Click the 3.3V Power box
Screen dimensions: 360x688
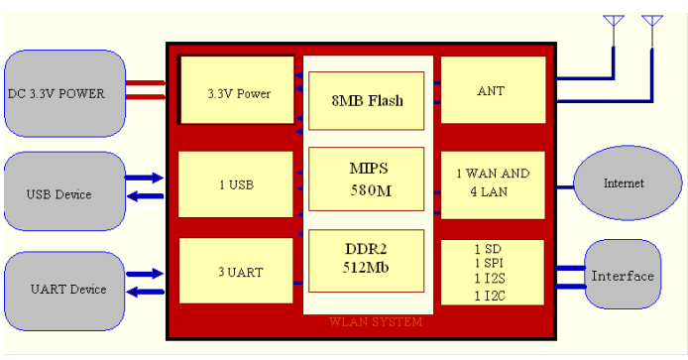point(238,94)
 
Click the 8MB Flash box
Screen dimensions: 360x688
point(368,100)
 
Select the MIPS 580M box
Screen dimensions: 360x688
point(368,179)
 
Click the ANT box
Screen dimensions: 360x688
point(492,91)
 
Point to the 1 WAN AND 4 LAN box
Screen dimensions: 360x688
point(492,183)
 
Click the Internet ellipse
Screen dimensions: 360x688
point(624,183)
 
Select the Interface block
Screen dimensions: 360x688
point(623,276)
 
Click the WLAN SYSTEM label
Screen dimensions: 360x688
point(376,322)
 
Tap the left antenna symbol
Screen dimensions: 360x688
point(615,21)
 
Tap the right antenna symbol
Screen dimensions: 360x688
point(651,21)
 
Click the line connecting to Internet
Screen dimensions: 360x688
point(560,185)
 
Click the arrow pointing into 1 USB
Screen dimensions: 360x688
point(145,178)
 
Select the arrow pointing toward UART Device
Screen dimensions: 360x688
point(145,291)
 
